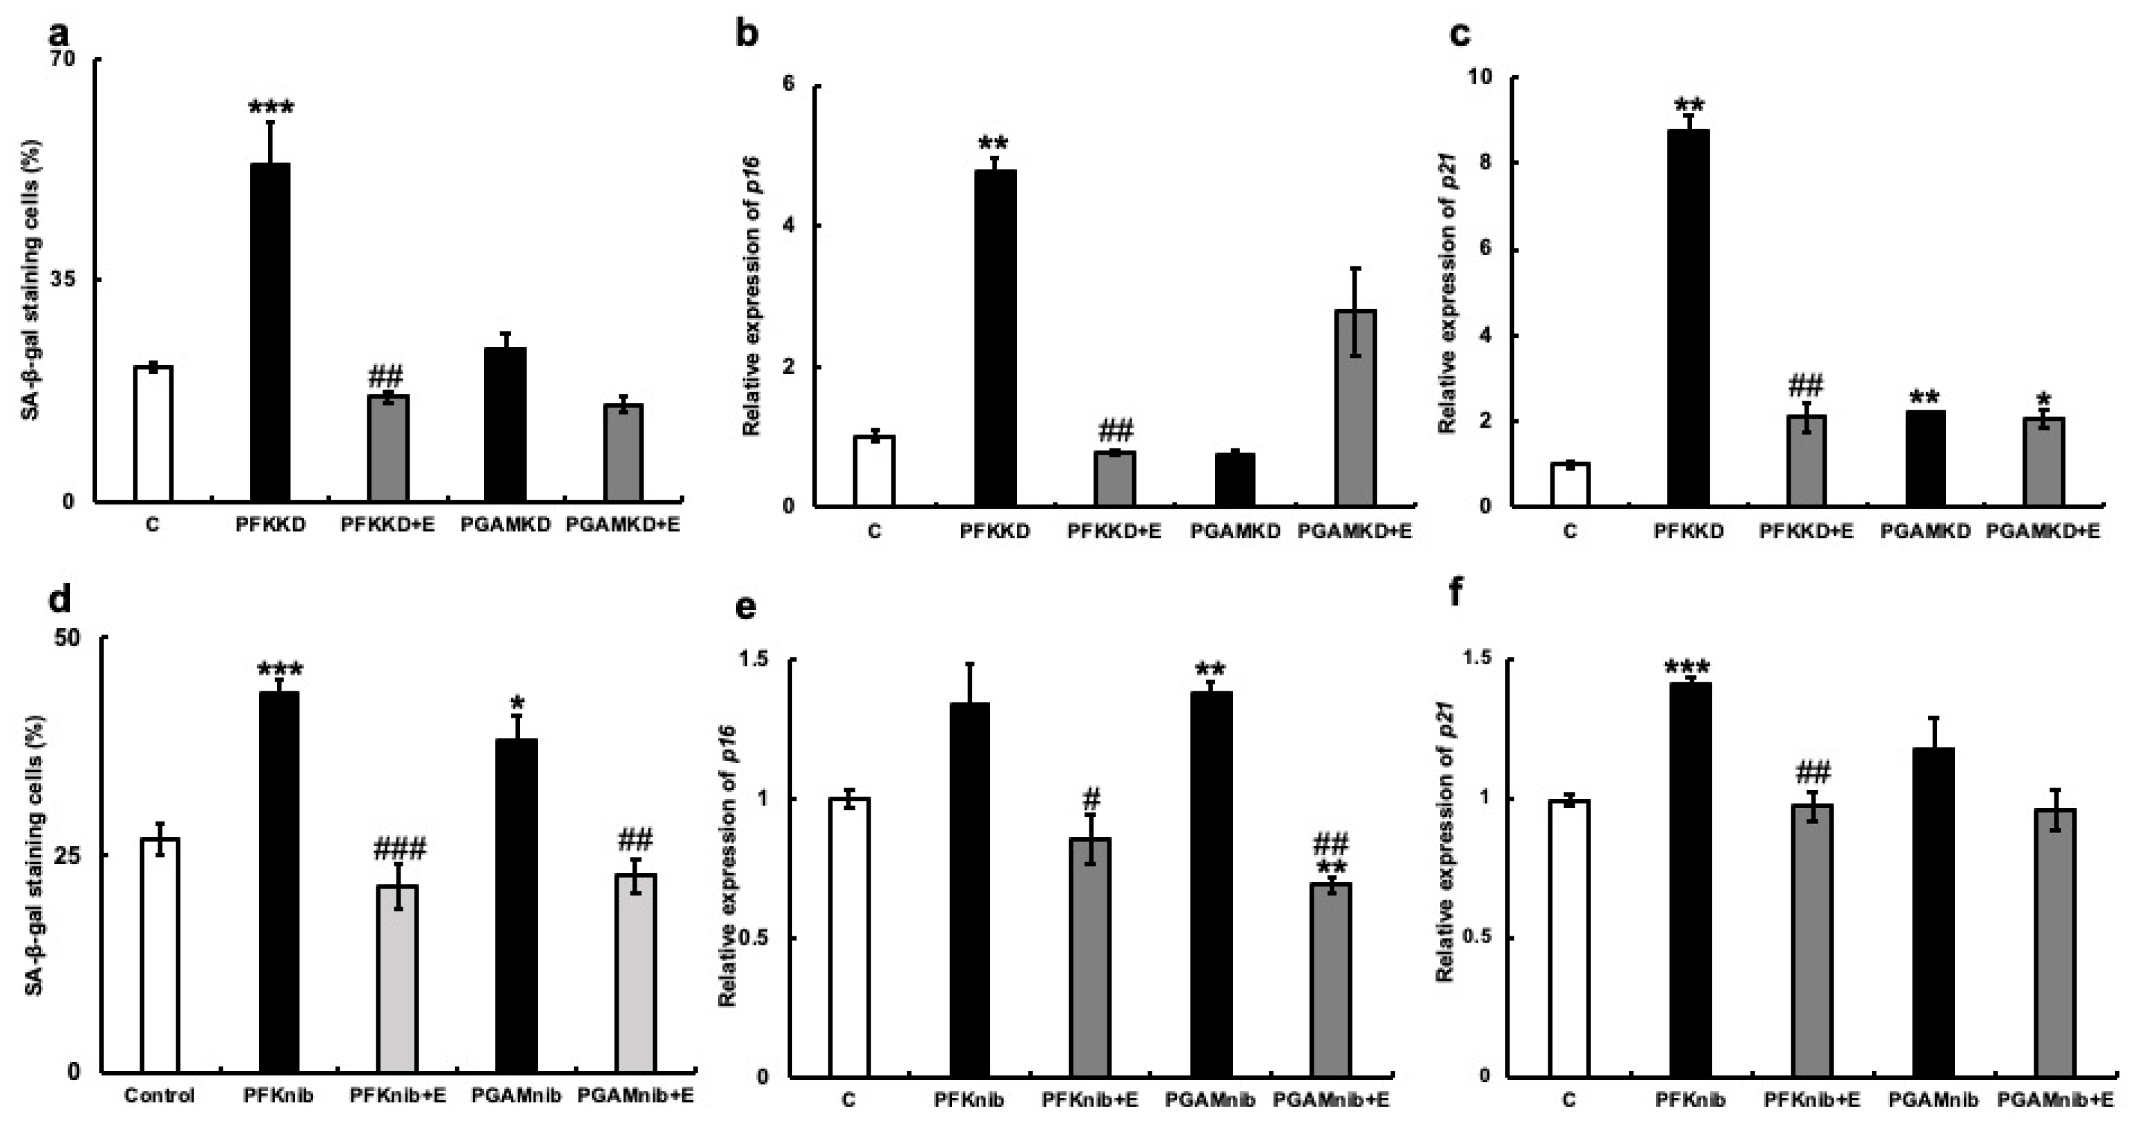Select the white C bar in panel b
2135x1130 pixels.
[x=874, y=471]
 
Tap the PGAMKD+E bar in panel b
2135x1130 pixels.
[x=1355, y=407]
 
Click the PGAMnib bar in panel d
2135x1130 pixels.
[x=517, y=904]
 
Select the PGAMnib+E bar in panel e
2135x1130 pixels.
[x=1331, y=979]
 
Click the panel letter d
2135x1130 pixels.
[x=60, y=599]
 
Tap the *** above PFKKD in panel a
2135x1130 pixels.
[x=271, y=108]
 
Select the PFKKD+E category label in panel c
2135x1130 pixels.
[x=1806, y=531]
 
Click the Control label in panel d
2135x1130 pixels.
[x=159, y=1096]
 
